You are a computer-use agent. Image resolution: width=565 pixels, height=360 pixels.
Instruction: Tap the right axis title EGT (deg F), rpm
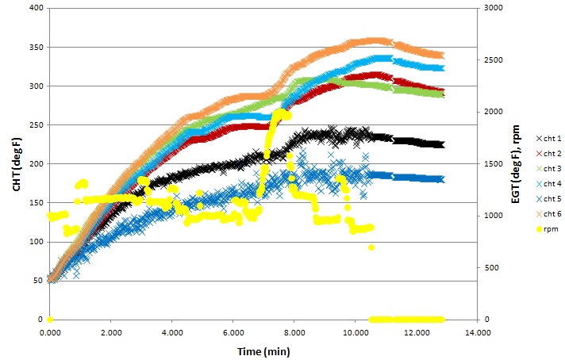click(x=515, y=163)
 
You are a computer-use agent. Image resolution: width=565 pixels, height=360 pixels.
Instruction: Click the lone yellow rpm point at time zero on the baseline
click(x=49, y=319)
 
